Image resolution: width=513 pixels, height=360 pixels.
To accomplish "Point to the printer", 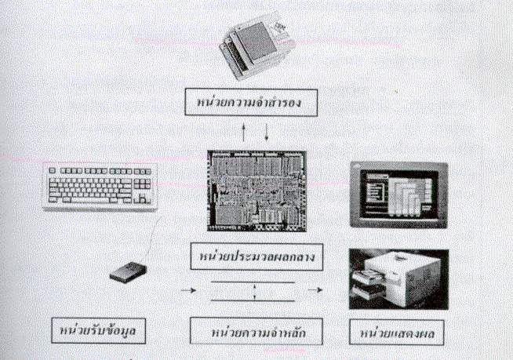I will (x=398, y=280).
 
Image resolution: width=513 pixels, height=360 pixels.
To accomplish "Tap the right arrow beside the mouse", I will (x=187, y=291).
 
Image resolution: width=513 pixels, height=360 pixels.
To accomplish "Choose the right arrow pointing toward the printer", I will (x=315, y=291).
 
